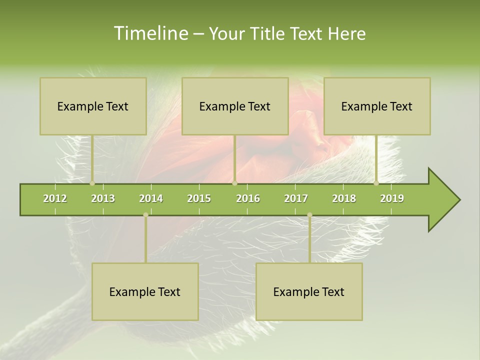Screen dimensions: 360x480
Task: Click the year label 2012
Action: pyautogui.click(x=55, y=199)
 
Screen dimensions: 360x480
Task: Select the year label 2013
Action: pyautogui.click(x=103, y=199)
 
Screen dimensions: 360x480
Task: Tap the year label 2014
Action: pyautogui.click(x=151, y=199)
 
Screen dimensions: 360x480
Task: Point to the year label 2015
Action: pyautogui.click(x=199, y=199)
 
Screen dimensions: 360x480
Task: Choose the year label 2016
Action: pyautogui.click(x=248, y=199)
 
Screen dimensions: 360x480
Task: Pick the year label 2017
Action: pyautogui.click(x=296, y=199)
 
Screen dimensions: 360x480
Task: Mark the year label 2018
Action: pyautogui.click(x=344, y=199)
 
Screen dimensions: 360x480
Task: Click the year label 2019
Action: pyautogui.click(x=392, y=199)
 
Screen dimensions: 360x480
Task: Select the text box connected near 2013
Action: pyautogui.click(x=93, y=106)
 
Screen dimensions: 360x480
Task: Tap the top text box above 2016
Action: pyautogui.click(x=235, y=106)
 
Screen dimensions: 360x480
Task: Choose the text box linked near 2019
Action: pyautogui.click(x=377, y=106)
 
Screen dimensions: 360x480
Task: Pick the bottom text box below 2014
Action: pyautogui.click(x=145, y=291)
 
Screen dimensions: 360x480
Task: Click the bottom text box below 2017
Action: pyautogui.click(x=309, y=291)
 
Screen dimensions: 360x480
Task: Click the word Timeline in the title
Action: pyautogui.click(x=150, y=33)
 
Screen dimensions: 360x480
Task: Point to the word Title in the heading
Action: pyautogui.click(x=270, y=33)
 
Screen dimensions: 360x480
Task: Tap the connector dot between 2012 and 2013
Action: pyautogui.click(x=92, y=183)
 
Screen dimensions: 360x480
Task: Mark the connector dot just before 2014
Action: pyautogui.click(x=145, y=215)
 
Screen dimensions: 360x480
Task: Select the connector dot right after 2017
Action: pyautogui.click(x=309, y=215)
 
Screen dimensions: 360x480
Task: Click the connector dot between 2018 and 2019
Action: pyautogui.click(x=376, y=183)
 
